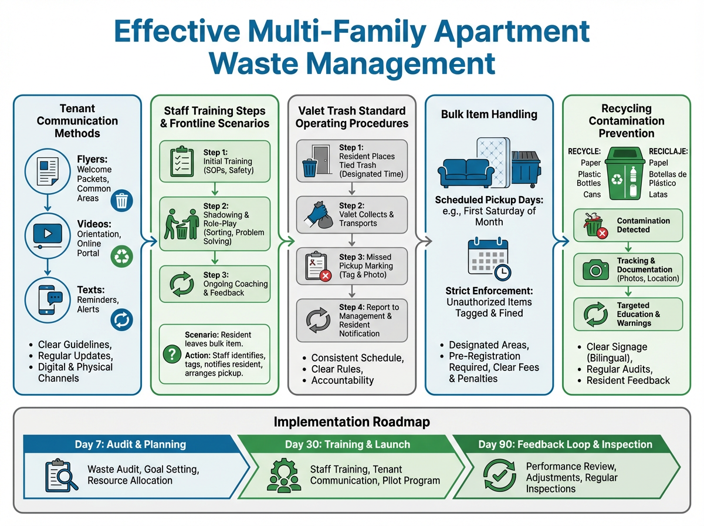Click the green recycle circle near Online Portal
(122, 256)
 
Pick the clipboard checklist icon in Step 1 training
(181, 160)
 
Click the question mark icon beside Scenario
(171, 354)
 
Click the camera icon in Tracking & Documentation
(595, 270)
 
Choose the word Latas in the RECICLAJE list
(658, 194)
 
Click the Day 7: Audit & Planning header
(130, 444)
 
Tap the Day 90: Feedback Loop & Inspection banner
(565, 444)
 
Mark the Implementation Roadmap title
(351, 422)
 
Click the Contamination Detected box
(627, 225)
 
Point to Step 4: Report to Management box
(351, 321)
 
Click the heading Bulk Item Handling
(489, 114)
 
